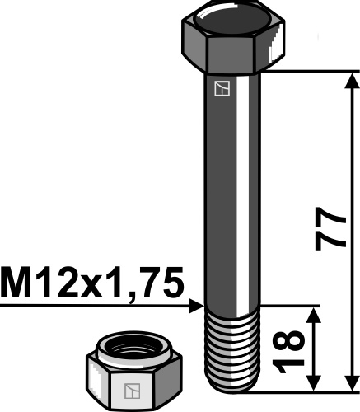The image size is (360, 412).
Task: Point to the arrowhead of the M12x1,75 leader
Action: [x=198, y=305]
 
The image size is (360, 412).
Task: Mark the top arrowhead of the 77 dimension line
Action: [x=352, y=79]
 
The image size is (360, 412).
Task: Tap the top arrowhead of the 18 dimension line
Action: [x=313, y=315]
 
